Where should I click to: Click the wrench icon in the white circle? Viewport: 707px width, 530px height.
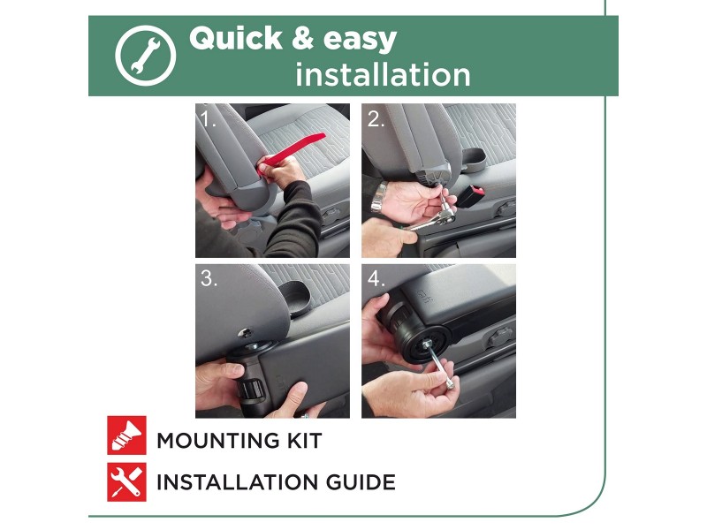coord(145,56)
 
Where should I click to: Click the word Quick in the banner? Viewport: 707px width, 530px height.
coord(236,38)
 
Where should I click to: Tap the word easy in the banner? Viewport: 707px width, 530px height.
coord(360,41)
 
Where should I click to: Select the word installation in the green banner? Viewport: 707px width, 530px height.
coord(383,75)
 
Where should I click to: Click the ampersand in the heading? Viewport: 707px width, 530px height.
coord(302,38)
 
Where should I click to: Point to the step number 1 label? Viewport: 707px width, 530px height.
coord(208,119)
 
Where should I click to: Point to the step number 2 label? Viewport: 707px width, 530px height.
coord(376,119)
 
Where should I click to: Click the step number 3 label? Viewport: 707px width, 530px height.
coord(209,278)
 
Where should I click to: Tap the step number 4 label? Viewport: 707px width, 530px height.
coord(376,278)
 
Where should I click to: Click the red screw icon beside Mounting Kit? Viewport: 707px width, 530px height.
coord(126,435)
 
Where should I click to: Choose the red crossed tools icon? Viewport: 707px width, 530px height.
coord(126,482)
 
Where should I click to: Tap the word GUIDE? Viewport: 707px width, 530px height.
coord(361,482)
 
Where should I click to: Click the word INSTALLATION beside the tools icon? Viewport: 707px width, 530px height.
coord(237,482)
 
